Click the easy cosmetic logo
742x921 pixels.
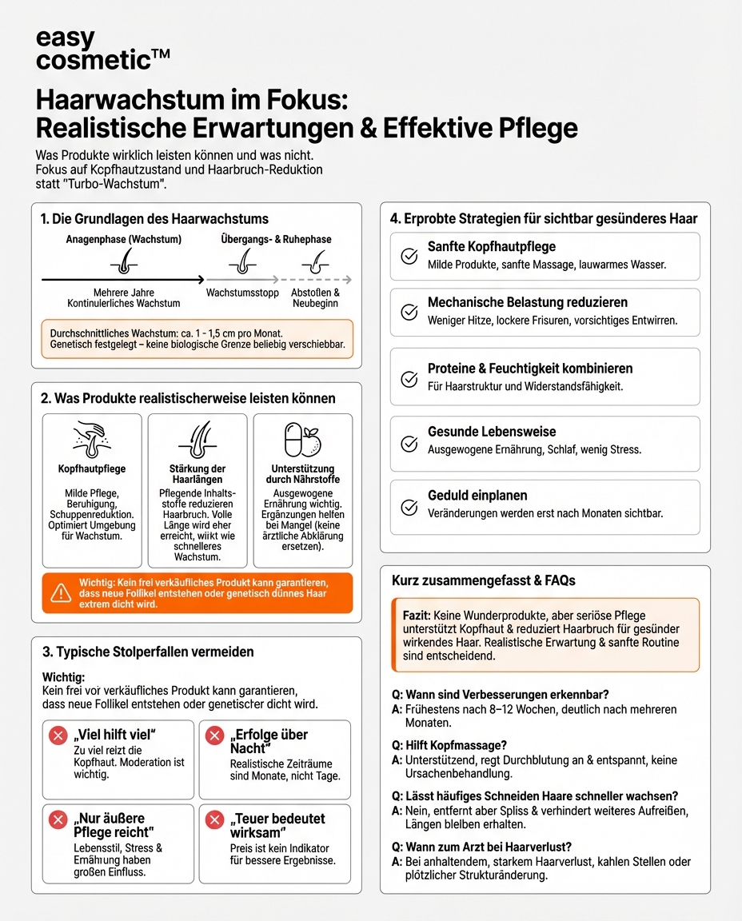102,49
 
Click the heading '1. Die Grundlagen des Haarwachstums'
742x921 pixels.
154,218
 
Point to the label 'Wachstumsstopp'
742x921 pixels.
242,293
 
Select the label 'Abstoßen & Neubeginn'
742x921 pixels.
315,297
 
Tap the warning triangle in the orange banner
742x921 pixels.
61,593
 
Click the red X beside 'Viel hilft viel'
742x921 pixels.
58,736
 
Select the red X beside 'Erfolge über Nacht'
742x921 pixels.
214,736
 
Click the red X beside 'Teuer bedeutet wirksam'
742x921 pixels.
214,819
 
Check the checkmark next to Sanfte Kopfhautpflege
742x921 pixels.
409,256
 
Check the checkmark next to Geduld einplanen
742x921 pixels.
409,506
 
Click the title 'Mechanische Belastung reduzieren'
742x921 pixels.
527,302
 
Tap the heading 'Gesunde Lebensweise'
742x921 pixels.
492,432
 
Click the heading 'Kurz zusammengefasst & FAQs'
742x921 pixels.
483,580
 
